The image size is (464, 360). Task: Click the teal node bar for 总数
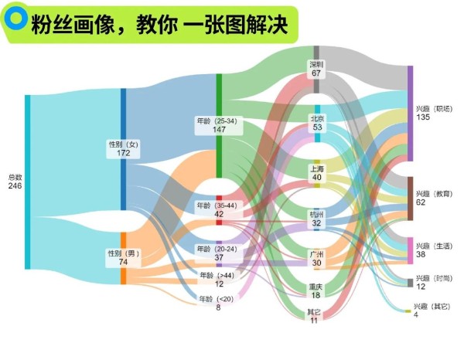[28, 182]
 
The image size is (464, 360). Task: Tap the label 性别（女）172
[123, 148]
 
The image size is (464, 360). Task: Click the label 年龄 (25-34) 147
[219, 126]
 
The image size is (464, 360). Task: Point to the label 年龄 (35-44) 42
[219, 210]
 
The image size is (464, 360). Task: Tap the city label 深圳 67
[316, 69]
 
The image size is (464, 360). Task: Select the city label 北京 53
[317, 123]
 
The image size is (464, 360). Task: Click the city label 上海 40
[317, 173]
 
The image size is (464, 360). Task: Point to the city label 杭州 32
[317, 218]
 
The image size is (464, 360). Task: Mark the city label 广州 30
[317, 258]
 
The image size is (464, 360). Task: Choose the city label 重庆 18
[316, 290]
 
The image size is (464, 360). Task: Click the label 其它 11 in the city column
[315, 316]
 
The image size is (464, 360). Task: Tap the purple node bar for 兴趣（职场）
[410, 113]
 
